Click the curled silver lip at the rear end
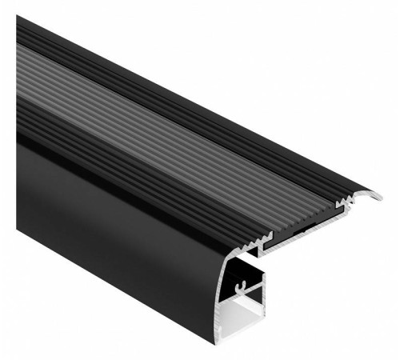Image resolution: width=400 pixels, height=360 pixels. point(373,194)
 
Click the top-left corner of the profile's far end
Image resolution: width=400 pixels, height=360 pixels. point(18,18)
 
